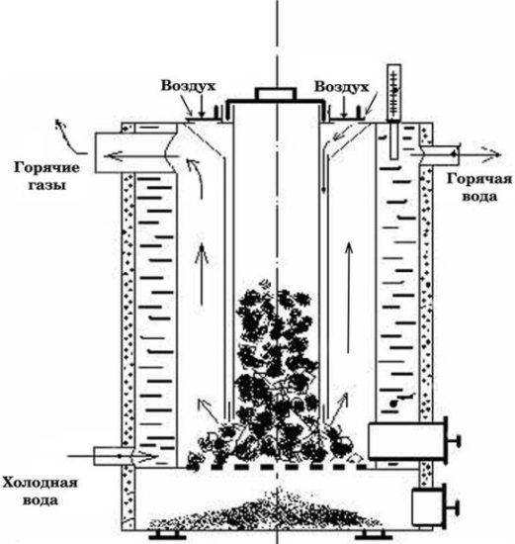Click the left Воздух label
pyautogui.click(x=192, y=87)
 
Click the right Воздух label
pyautogui.click(x=336, y=87)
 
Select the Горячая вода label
pyautogui.click(x=478, y=188)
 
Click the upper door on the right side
pyautogui.click(x=405, y=439)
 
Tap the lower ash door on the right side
pyautogui.click(x=430, y=507)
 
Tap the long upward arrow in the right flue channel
pyautogui.click(x=351, y=272)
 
